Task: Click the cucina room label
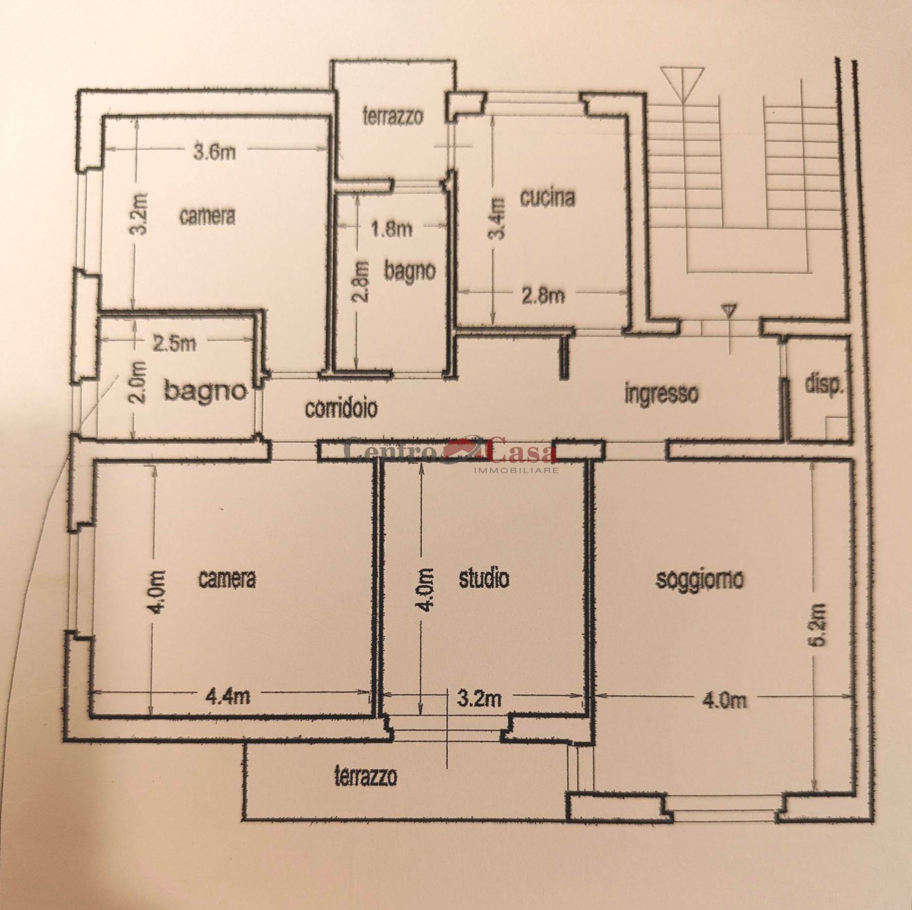pyautogui.click(x=548, y=198)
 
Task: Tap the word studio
pyautogui.click(x=484, y=578)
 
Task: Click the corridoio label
pyautogui.click(x=341, y=409)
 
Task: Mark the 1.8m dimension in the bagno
pyautogui.click(x=392, y=229)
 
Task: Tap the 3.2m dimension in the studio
pyautogui.click(x=479, y=699)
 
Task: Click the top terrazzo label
pyautogui.click(x=393, y=117)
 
